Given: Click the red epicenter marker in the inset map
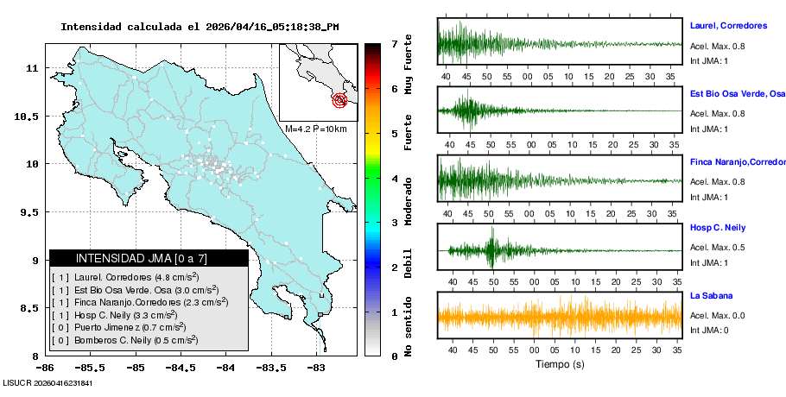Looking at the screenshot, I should coord(340,100).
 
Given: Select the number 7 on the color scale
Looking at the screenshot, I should coord(394,43).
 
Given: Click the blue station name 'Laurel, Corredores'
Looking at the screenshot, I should coord(728,26).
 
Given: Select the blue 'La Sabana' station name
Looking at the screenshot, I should coord(711,295).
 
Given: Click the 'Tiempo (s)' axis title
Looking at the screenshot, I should coord(559,364).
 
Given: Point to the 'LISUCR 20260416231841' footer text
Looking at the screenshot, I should coord(48,382).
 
